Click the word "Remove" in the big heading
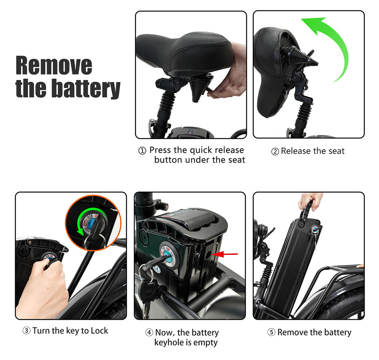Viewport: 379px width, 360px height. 54,66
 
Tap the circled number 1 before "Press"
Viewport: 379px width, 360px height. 142,150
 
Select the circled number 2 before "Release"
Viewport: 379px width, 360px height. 275,152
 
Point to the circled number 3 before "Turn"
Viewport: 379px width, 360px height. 27,330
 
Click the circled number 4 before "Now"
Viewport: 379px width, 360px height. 149,332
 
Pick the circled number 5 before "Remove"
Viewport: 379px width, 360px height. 271,332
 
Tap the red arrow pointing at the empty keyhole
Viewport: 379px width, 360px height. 224,254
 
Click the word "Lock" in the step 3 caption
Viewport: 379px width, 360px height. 99,330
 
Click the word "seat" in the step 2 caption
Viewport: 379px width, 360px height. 336,151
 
